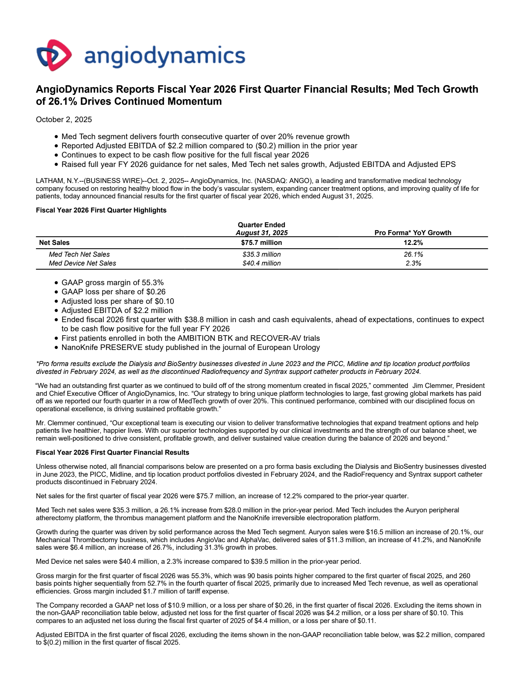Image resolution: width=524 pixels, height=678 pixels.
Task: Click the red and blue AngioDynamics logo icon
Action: click(54, 55)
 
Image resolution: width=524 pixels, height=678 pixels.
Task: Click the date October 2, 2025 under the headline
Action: click(64, 119)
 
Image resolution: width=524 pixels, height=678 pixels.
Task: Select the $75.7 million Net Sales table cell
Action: click(261, 243)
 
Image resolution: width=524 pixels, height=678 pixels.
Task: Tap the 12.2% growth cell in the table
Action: click(413, 243)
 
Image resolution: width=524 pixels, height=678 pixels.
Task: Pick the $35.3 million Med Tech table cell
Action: click(261, 254)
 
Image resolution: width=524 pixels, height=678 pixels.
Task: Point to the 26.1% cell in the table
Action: click(413, 254)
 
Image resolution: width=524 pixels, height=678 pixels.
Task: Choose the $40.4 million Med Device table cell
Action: click(261, 263)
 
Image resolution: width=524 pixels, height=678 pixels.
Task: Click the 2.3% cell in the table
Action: click(413, 263)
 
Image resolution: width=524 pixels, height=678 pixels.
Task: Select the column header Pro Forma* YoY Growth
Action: click(413, 233)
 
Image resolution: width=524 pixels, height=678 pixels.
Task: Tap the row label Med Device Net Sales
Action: click(82, 263)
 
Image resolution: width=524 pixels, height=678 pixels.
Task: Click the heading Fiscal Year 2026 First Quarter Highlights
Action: click(101, 210)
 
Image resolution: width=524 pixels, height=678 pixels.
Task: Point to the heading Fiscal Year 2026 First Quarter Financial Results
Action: click(112, 452)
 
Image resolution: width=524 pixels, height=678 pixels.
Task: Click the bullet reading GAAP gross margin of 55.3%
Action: click(112, 283)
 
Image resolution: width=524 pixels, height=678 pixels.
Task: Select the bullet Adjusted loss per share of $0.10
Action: click(118, 301)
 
